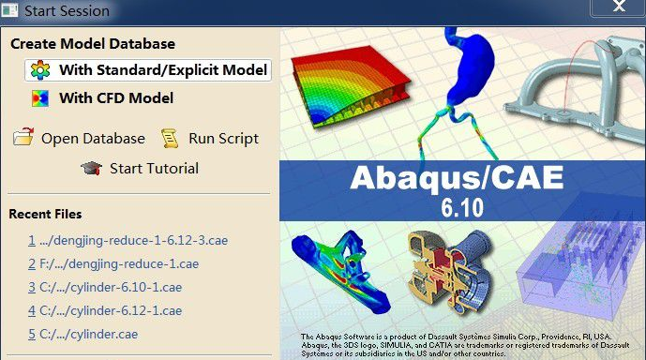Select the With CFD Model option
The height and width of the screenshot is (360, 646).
[x=115, y=97]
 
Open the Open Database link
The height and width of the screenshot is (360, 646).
[x=93, y=138]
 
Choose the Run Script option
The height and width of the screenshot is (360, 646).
[x=223, y=138]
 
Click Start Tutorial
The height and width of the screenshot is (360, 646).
[x=154, y=169]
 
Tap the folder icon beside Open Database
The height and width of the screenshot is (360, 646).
[x=23, y=138]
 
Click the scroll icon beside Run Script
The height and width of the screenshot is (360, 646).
[x=169, y=138]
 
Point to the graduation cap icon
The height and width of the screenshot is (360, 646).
[x=91, y=169]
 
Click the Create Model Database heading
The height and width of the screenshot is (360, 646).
[x=93, y=43]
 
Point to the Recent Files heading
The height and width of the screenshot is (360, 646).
[x=46, y=214]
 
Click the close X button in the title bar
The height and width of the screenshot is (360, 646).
[x=617, y=7]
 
